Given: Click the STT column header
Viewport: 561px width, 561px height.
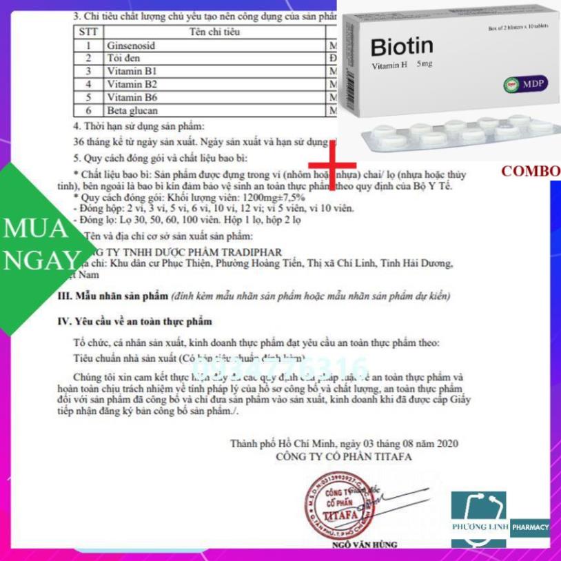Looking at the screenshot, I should (88, 32).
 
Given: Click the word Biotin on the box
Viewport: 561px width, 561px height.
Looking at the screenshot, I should (401, 47).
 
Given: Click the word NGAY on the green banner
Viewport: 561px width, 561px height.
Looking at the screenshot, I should (41, 261).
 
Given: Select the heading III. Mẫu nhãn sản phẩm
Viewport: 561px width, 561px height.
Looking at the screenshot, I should (112, 296).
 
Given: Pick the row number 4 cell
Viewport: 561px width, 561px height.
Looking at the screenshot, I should (88, 84).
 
